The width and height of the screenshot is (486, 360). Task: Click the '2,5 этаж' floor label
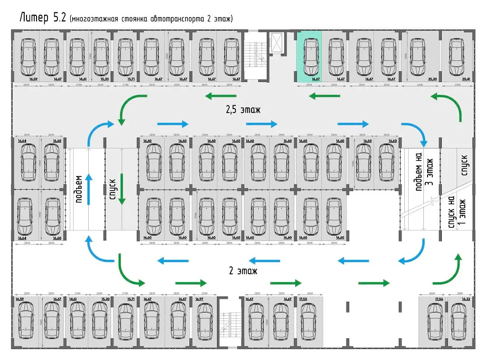(x=243, y=111)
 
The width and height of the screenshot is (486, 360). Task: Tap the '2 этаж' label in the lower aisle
(x=243, y=271)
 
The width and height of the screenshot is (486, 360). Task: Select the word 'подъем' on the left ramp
(x=79, y=189)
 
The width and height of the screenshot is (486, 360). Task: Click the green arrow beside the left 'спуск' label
(x=122, y=189)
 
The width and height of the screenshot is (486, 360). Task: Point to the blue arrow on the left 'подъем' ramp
(x=88, y=189)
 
